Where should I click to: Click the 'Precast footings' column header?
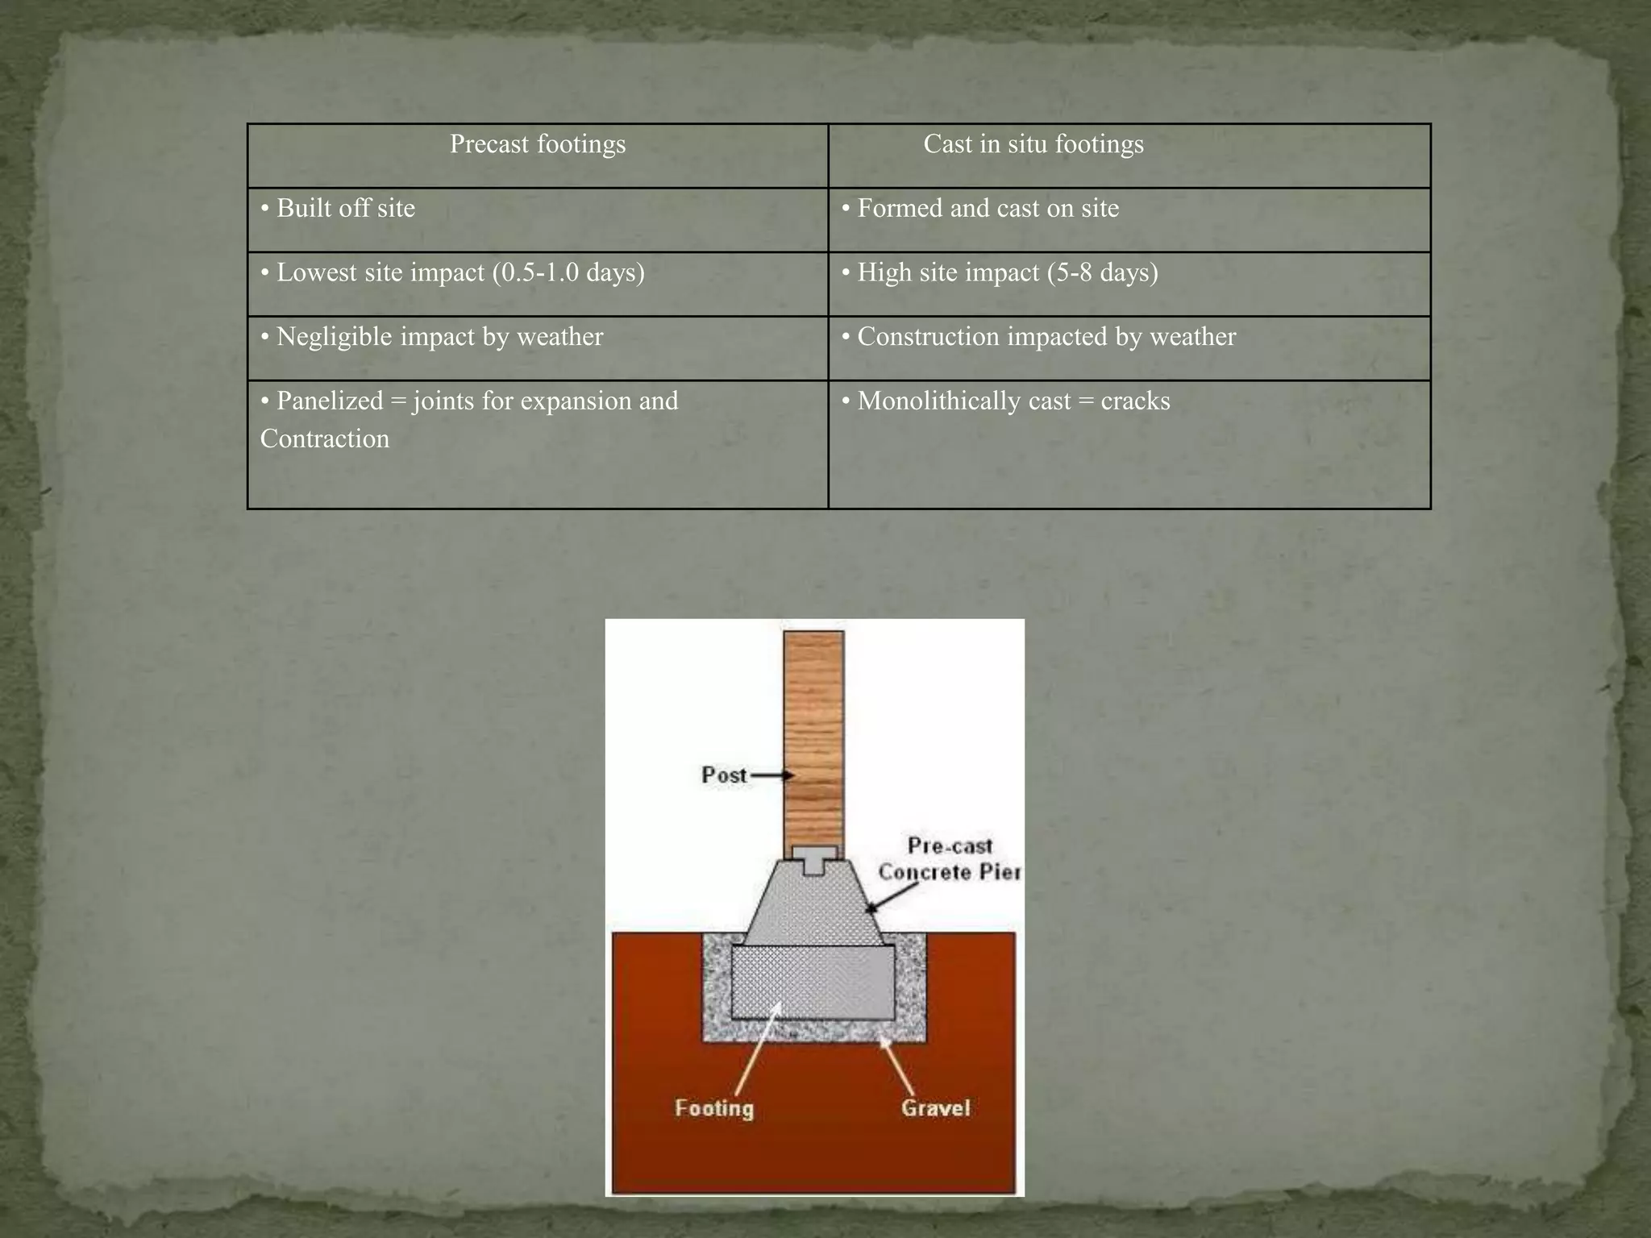pyautogui.click(x=537, y=144)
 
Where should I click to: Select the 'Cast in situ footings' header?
pyautogui.click(x=1033, y=144)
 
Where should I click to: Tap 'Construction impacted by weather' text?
pyautogui.click(x=1046, y=337)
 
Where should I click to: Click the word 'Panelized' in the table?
pyautogui.click(x=329, y=401)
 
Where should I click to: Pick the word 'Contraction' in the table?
pyautogui.click(x=325, y=439)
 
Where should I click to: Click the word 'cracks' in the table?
pyautogui.click(x=1135, y=401)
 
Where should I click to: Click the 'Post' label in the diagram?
pyautogui.click(x=724, y=775)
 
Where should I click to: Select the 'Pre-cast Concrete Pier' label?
pyautogui.click(x=949, y=859)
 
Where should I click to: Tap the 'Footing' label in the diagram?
pyautogui.click(x=714, y=1108)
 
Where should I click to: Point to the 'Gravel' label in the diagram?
pyautogui.click(x=935, y=1108)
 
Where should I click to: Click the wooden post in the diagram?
pyautogui.click(x=813, y=725)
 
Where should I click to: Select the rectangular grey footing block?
pyautogui.click(x=813, y=982)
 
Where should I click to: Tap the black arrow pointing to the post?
pyautogui.click(x=772, y=775)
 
